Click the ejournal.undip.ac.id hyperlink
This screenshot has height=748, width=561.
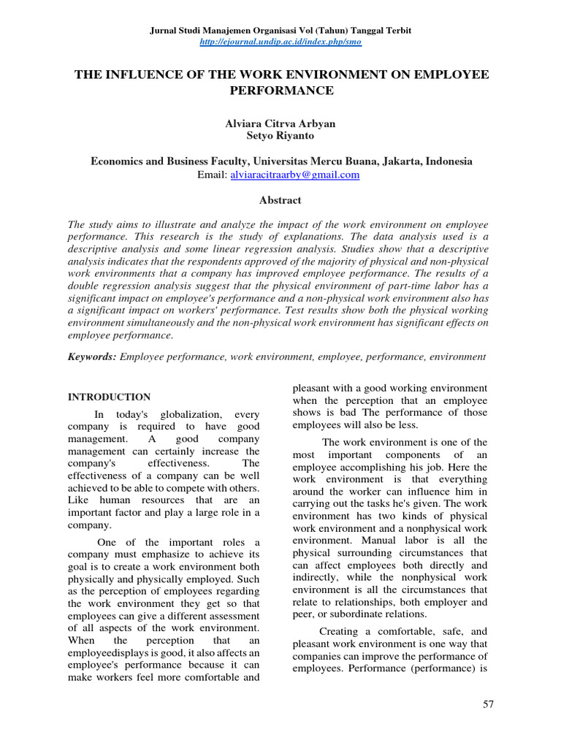[x=280, y=42]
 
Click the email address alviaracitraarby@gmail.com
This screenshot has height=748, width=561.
[x=295, y=175]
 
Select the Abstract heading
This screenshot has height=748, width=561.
[x=280, y=199]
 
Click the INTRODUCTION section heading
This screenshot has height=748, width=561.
[x=110, y=397]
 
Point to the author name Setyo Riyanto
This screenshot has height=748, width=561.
[x=280, y=136]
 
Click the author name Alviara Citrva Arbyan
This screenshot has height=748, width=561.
[x=280, y=123]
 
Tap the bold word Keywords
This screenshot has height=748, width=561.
[x=91, y=356]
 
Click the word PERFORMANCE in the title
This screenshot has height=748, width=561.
[x=280, y=91]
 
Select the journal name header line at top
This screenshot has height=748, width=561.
[x=280, y=30]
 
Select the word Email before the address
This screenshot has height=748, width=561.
[x=213, y=175]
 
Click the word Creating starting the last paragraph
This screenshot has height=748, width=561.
[x=343, y=630]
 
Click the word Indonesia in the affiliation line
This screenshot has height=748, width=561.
[x=448, y=161]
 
